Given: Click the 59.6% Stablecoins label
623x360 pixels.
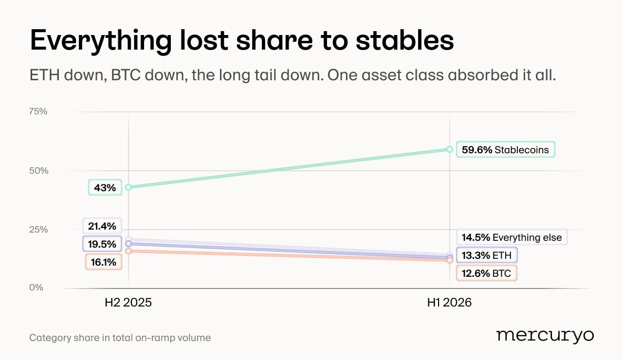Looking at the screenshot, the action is (x=505, y=149).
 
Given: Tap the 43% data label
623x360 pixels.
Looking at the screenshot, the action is (x=105, y=187).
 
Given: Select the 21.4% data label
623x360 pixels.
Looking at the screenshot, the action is (x=102, y=226).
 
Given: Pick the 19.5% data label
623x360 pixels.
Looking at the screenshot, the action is (x=102, y=244).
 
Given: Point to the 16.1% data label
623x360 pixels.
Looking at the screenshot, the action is (x=104, y=262).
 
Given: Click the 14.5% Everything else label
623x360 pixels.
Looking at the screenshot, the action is (x=512, y=237).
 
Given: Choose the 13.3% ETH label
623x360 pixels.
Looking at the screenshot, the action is (x=487, y=255).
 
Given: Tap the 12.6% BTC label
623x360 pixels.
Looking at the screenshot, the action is (x=486, y=273).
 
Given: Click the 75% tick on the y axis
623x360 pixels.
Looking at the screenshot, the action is (x=38, y=111).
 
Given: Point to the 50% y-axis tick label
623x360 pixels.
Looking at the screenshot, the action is (x=38, y=170).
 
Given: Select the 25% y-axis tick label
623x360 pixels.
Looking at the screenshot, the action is (x=38, y=229).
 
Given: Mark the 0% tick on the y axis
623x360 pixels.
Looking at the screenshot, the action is (x=36, y=287).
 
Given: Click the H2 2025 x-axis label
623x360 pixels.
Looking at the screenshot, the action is (x=128, y=303).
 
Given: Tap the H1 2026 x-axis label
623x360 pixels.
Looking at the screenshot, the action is (x=449, y=303).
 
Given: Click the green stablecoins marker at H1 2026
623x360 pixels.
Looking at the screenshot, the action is (x=449, y=149).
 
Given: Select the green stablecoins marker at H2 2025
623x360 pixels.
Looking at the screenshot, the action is (x=128, y=187).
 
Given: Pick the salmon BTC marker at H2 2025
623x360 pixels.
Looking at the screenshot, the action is (x=128, y=251).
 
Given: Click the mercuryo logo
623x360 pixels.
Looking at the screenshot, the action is (x=545, y=336).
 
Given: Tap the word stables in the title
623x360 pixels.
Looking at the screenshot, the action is (x=404, y=40).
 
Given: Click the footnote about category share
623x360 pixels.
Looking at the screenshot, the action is (x=120, y=338).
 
